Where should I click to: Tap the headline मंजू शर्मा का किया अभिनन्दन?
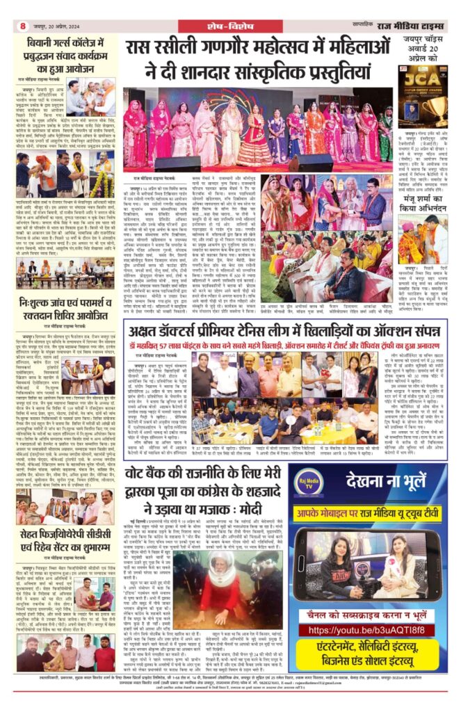pyautogui.click(x=422, y=207)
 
